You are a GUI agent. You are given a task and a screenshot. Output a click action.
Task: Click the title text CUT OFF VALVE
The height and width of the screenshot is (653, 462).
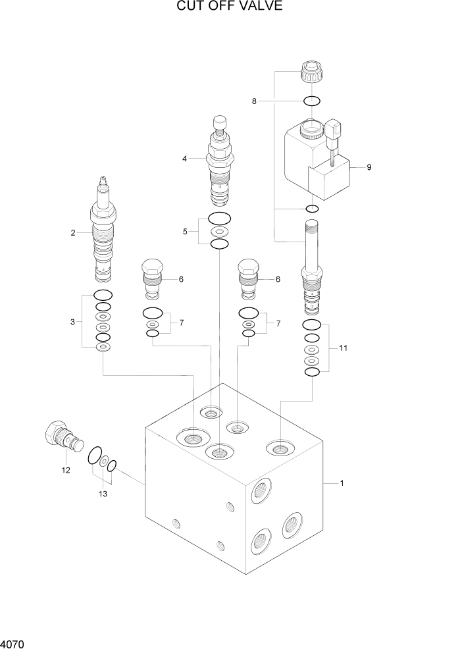click(230, 7)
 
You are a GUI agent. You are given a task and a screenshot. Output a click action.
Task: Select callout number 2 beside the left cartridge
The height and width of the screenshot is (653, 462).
click(73, 232)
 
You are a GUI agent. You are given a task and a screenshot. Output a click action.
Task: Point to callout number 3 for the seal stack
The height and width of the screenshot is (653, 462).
click(74, 322)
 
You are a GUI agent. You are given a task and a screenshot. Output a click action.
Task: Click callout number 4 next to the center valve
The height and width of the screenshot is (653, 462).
click(185, 159)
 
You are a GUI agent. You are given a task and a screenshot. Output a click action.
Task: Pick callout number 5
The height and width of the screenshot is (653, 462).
click(185, 231)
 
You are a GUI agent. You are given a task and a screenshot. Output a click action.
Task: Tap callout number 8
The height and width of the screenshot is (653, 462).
click(254, 101)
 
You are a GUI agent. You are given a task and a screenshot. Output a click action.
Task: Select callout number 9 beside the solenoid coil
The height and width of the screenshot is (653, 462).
click(369, 167)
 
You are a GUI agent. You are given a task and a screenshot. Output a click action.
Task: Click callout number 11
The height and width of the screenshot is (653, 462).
click(343, 348)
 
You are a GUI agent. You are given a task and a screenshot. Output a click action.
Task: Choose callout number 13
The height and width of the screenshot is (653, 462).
click(102, 493)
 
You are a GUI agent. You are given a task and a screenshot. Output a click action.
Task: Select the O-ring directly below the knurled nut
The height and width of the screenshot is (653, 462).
click(312, 101)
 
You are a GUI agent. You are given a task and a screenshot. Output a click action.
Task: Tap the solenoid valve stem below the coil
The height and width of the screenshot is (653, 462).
click(311, 267)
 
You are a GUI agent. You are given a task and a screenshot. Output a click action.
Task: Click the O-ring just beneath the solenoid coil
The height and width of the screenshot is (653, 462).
click(312, 209)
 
